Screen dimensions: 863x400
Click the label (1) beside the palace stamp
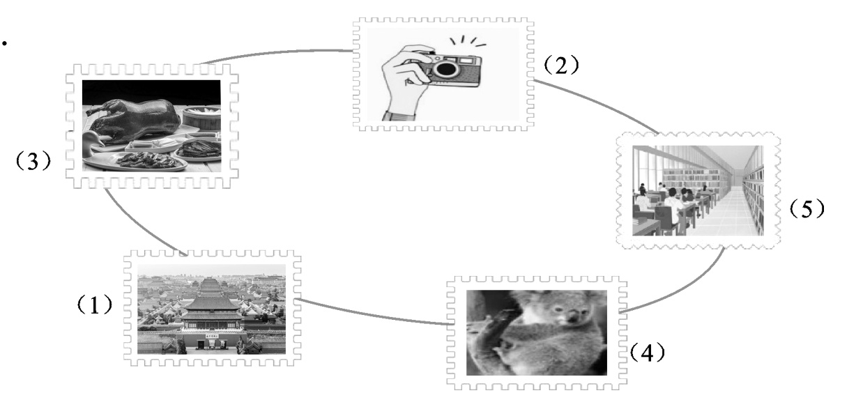click(95, 305)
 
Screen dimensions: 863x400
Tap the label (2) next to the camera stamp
click(561, 65)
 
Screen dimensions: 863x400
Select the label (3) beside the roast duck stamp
click(33, 160)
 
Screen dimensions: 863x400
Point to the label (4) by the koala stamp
click(647, 352)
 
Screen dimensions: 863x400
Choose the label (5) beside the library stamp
click(807, 208)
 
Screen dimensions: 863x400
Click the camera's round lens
click(446, 69)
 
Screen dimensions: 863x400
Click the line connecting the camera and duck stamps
click(276, 53)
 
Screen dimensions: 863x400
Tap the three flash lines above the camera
click(468, 42)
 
